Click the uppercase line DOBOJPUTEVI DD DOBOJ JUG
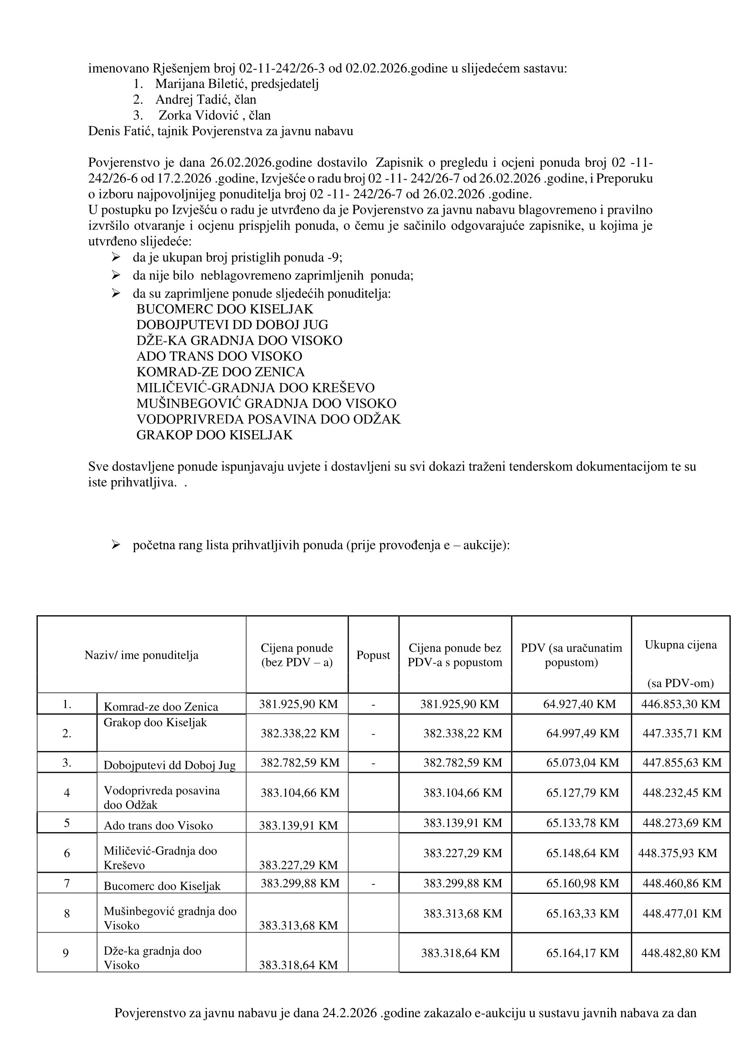pyautogui.click(x=232, y=325)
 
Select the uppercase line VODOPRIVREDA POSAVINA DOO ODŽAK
pyautogui.click(x=268, y=419)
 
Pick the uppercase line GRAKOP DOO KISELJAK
pyautogui.click(x=214, y=435)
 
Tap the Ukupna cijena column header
pyautogui.click(x=680, y=645)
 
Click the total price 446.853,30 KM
pyautogui.click(x=680, y=704)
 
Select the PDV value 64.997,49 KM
pyautogui.click(x=582, y=733)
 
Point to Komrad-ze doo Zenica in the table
pyautogui.click(x=161, y=707)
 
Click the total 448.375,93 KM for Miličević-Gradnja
pyautogui.click(x=677, y=853)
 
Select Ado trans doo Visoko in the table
pyautogui.click(x=158, y=826)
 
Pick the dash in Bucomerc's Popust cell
pyautogui.click(x=373, y=883)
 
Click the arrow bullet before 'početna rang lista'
pyautogui.click(x=116, y=545)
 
